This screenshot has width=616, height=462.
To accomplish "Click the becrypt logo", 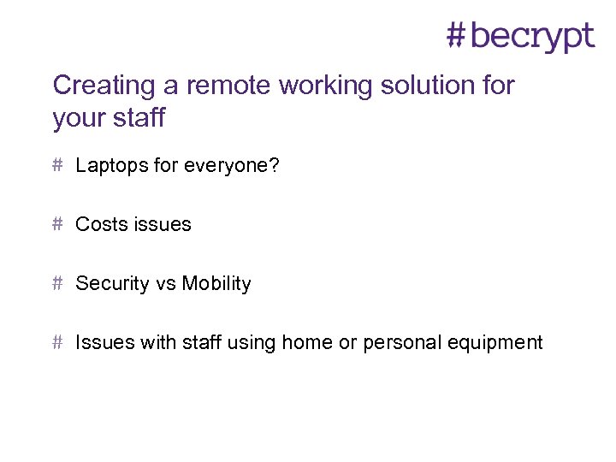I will pos(520,36).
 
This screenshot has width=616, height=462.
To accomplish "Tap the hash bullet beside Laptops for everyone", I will pos(57,165).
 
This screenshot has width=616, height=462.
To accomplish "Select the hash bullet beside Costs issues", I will pos(57,223).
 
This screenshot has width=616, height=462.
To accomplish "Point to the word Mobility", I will pos(216,284).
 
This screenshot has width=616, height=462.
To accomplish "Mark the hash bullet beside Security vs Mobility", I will pos(57,283).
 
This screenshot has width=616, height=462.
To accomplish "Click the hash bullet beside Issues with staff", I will pos(57,342).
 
